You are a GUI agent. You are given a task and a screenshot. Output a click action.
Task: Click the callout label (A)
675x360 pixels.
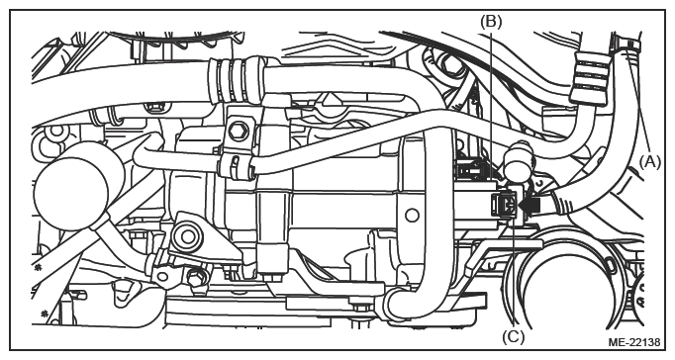point(649,162)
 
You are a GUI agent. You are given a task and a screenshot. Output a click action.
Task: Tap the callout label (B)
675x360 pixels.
point(491,21)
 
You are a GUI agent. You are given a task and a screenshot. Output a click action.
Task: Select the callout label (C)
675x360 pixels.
point(514,337)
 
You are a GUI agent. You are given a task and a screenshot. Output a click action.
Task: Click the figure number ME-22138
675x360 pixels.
point(634,342)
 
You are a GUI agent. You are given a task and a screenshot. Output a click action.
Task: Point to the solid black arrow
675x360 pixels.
point(530,205)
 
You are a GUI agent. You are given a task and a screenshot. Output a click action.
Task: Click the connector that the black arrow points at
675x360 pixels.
point(505,205)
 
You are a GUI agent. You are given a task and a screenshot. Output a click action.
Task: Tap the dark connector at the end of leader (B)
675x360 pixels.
point(472,168)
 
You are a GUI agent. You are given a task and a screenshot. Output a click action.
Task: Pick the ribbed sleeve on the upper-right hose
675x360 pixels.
point(589,77)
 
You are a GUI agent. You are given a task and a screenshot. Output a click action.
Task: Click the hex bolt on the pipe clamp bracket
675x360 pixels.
point(239,131)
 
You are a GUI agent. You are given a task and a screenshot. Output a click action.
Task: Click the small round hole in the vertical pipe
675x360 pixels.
point(412,215)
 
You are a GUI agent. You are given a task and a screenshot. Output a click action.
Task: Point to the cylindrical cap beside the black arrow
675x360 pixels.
point(520,162)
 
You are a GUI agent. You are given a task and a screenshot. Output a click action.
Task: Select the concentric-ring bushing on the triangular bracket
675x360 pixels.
point(188,236)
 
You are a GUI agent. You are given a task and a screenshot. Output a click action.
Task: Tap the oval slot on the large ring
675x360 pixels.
point(611,263)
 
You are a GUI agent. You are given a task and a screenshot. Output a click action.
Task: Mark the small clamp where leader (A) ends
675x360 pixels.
point(626,45)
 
